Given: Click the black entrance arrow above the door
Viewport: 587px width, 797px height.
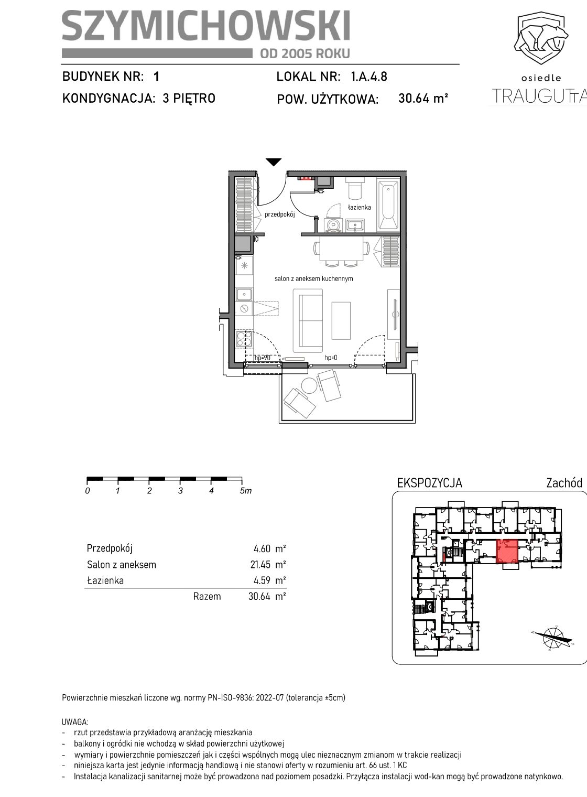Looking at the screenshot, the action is (x=274, y=162).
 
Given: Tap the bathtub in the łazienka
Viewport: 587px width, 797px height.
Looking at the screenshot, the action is (x=388, y=205).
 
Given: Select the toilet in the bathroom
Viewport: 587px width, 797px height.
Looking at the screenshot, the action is (x=355, y=189).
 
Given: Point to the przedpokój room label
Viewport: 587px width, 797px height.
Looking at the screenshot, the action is (x=279, y=214).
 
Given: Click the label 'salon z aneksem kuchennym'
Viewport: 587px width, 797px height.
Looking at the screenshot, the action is (x=313, y=278).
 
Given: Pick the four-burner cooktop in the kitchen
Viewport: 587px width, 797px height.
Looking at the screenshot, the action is (x=244, y=339).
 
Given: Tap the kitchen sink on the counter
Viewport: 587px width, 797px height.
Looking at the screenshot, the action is (x=245, y=294).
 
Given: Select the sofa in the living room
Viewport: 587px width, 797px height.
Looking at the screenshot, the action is (x=308, y=320).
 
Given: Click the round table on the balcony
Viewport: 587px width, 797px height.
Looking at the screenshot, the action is (x=309, y=385).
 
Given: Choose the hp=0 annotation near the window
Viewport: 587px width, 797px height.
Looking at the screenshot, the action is (x=331, y=358).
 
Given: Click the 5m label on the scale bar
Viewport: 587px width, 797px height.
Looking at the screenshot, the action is (x=246, y=491).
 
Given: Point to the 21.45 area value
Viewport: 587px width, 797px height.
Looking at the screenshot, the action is (x=262, y=564).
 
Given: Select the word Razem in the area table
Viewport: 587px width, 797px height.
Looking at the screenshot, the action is (x=207, y=596).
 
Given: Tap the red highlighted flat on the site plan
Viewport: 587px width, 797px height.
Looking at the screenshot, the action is (x=506, y=552).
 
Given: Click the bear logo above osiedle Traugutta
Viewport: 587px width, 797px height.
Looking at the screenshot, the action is (x=541, y=38).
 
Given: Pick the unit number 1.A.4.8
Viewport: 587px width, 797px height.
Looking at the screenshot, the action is (x=369, y=77).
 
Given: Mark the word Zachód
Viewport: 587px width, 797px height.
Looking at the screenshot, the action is (x=564, y=483).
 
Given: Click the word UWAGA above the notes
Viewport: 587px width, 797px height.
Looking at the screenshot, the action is (x=75, y=722).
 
